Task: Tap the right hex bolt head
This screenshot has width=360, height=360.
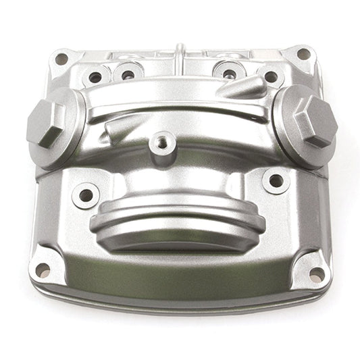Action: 314,122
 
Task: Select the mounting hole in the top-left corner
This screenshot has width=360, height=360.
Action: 61,59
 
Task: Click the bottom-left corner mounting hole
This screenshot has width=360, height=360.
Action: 43,271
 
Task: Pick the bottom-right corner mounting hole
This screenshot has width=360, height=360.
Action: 315,273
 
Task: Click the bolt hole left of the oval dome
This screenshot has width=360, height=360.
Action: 86,196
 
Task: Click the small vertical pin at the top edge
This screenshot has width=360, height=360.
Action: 180,53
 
